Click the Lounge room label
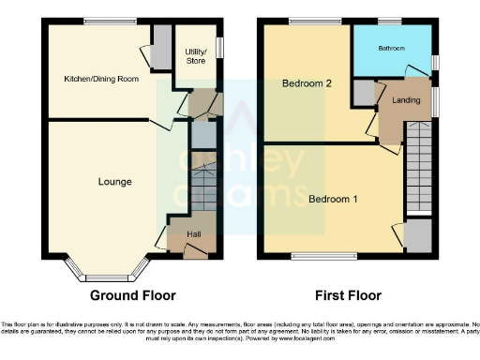[x=113, y=182]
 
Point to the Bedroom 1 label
[x=333, y=199]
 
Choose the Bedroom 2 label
[x=307, y=84]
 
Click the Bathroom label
[x=390, y=45]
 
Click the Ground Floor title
[x=132, y=295]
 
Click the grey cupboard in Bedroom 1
[x=418, y=235]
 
